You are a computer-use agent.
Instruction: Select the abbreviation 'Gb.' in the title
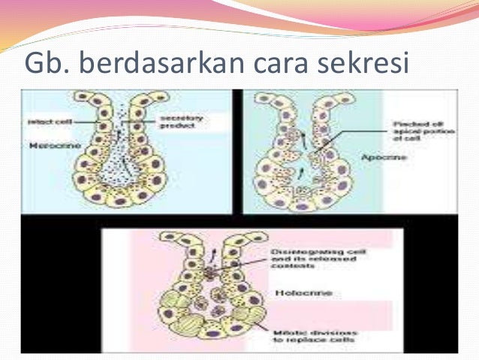(48, 65)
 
